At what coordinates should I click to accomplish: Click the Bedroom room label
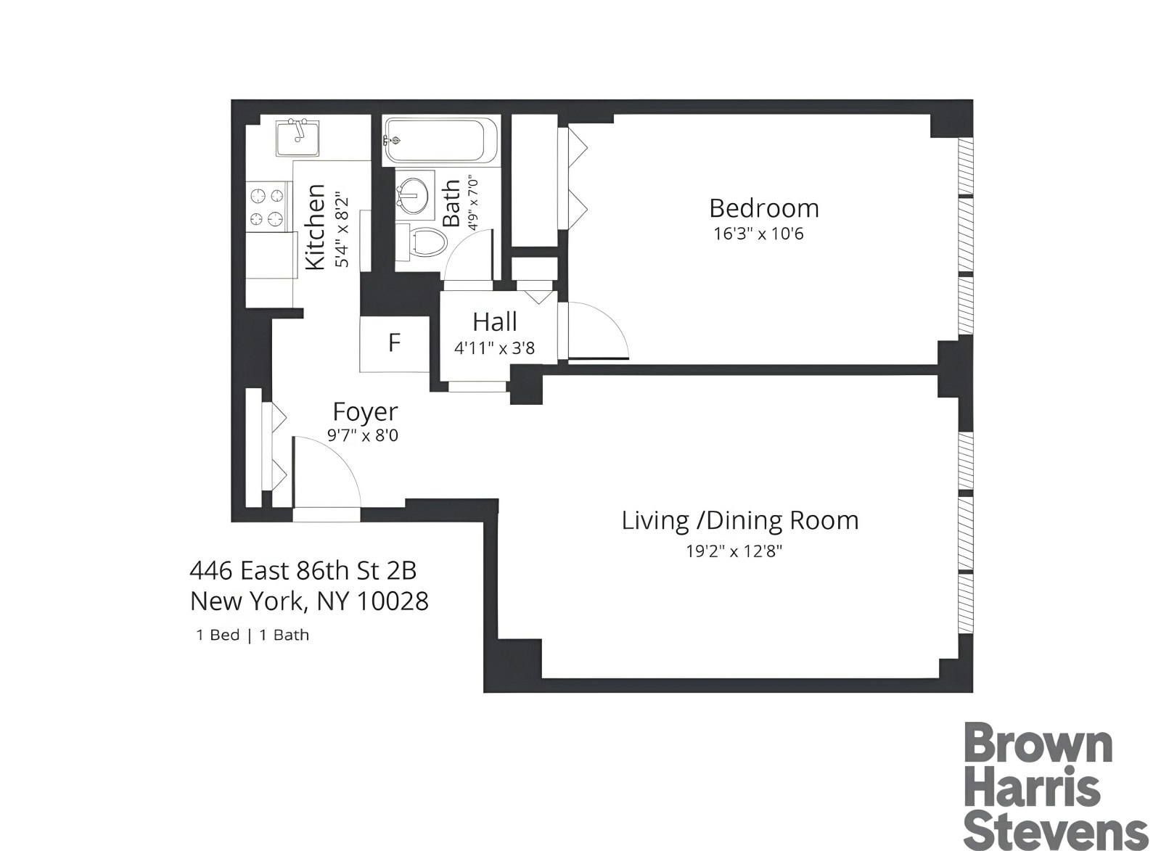click(764, 208)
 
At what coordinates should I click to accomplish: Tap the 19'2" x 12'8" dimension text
click(734, 551)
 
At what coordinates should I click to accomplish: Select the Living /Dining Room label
click(739, 520)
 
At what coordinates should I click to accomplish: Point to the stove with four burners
click(266, 207)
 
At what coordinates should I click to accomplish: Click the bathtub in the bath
click(434, 141)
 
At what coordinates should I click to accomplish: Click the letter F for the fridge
click(394, 342)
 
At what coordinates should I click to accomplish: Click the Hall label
click(495, 321)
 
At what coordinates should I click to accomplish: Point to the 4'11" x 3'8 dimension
click(494, 348)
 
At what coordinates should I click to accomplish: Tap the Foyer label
click(365, 411)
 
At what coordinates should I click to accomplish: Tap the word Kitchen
click(315, 227)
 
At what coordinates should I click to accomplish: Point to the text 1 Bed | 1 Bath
click(253, 635)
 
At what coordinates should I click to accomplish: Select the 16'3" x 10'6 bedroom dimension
click(758, 234)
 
